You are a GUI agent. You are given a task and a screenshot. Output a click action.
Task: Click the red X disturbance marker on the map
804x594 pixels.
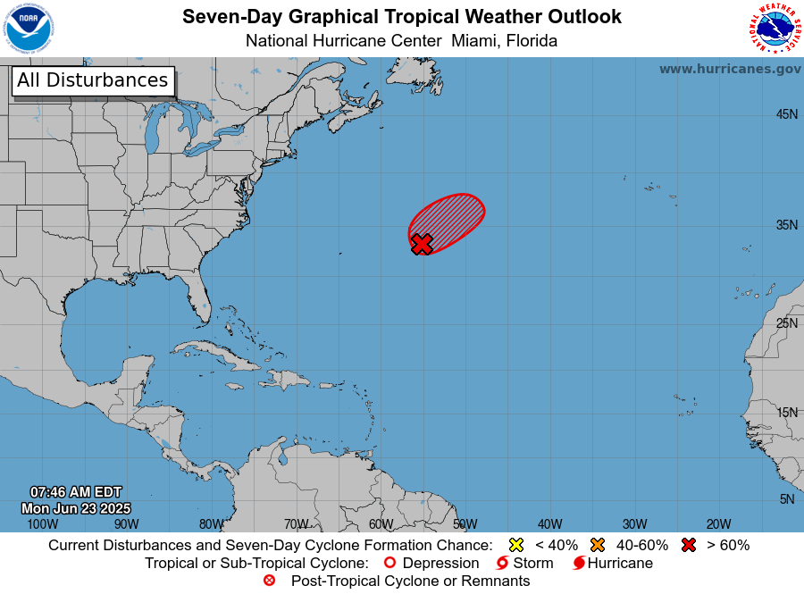[422, 244]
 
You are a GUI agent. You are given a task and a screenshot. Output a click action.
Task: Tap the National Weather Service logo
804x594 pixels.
[773, 29]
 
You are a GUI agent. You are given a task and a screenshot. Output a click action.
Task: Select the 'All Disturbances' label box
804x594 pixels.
[92, 80]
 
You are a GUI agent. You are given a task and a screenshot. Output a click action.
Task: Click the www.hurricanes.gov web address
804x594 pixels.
[730, 69]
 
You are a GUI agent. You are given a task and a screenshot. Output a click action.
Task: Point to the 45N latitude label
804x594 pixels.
[786, 114]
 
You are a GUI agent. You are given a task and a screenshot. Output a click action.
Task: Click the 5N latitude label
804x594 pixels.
[787, 499]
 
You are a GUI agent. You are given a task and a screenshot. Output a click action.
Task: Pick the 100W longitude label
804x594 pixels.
[42, 524]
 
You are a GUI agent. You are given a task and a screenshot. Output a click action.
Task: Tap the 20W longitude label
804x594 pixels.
[718, 524]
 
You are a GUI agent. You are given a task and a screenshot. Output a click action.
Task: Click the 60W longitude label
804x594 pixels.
[381, 524]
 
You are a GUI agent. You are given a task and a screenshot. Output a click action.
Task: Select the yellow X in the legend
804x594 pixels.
[515, 545]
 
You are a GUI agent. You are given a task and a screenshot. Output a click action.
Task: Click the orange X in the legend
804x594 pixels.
[598, 545]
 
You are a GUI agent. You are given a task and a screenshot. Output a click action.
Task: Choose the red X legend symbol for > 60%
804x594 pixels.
[688, 545]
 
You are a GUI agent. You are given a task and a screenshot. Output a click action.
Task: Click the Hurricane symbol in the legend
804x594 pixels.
[579, 564]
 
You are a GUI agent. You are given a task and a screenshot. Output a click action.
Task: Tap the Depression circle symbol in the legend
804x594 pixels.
[389, 564]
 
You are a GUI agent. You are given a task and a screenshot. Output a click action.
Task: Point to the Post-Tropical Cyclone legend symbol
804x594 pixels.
[270, 581]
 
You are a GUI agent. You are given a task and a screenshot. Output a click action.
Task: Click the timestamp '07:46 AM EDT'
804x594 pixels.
[76, 492]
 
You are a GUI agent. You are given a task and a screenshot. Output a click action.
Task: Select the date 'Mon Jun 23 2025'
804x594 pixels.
[76, 508]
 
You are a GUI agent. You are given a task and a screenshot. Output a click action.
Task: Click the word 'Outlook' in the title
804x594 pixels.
[582, 17]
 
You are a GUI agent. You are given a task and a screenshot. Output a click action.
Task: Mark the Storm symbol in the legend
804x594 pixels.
[502, 564]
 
